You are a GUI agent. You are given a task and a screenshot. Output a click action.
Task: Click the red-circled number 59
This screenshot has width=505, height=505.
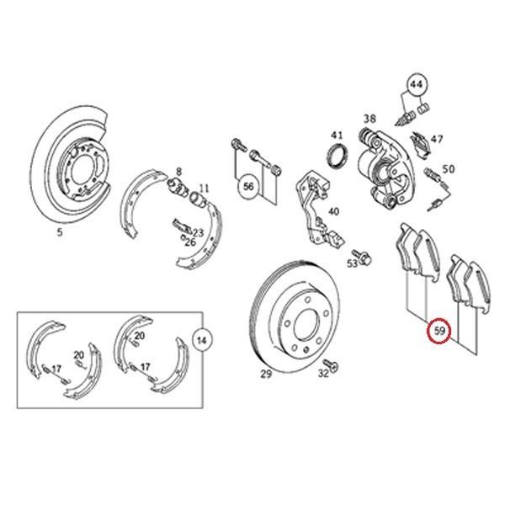(440, 332)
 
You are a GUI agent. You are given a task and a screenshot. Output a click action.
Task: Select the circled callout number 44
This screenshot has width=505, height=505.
(416, 84)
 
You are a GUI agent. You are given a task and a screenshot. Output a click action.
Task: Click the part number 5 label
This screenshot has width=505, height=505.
(60, 233)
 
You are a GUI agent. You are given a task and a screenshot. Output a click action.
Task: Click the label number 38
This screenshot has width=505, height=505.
(369, 119)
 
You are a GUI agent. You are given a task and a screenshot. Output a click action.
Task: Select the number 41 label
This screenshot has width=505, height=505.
(337, 136)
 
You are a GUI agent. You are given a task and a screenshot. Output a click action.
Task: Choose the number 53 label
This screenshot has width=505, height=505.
(352, 263)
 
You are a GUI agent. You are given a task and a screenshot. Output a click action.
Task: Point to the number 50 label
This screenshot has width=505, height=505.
(448, 169)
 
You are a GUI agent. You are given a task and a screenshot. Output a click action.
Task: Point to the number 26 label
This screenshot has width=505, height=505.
(190, 242)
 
